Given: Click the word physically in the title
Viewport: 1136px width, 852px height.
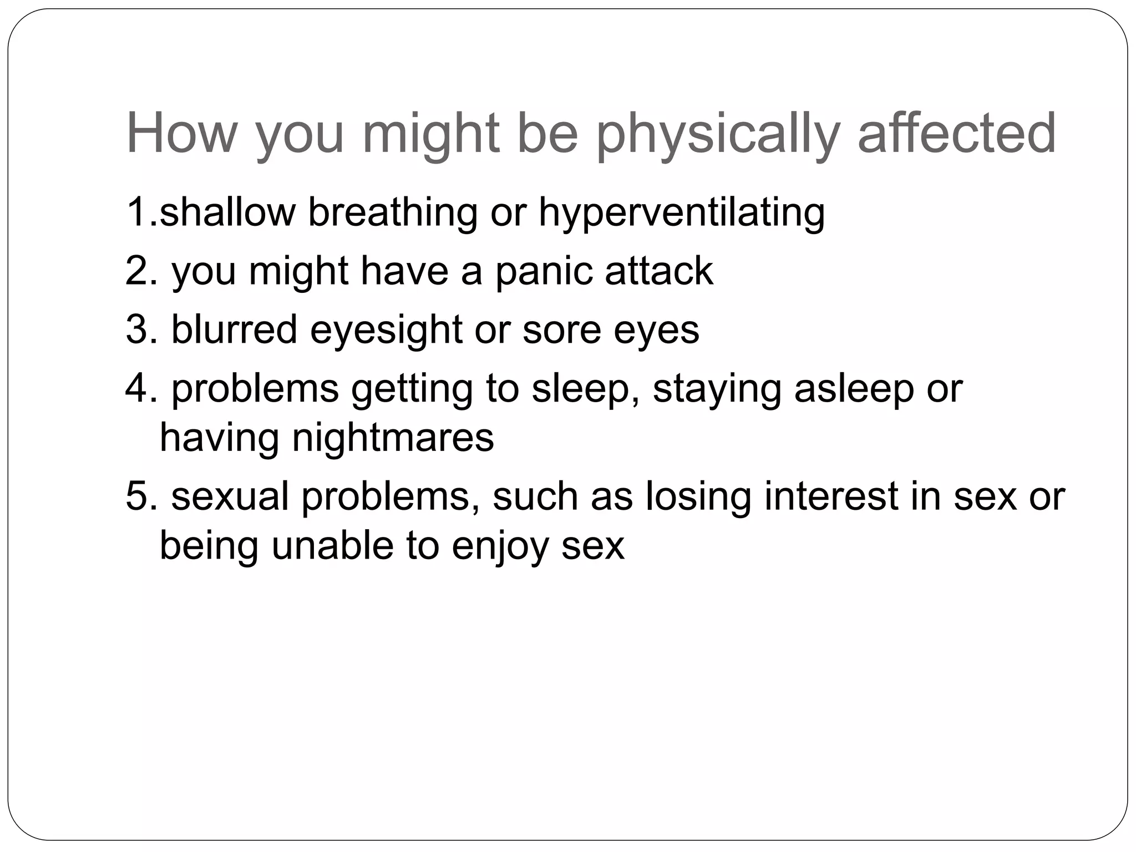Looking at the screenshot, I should tap(718, 135).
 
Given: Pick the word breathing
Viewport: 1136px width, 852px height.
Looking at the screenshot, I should tap(392, 213).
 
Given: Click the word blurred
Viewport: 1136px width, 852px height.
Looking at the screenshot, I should tap(234, 329).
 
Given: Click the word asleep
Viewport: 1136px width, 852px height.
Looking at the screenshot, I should tap(854, 389).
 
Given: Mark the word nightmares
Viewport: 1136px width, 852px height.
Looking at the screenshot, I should tap(393, 438).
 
